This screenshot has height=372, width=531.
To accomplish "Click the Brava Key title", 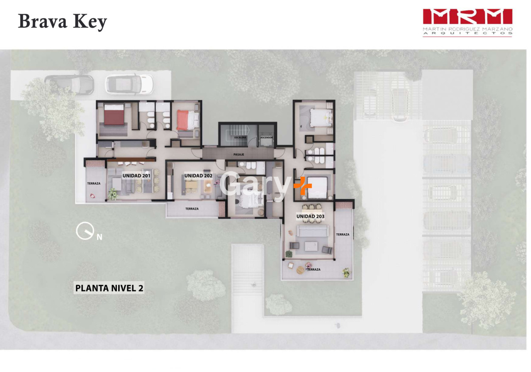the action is click(x=62, y=22).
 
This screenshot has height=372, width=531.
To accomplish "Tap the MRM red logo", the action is click(x=468, y=17).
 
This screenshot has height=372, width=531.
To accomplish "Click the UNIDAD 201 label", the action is click(x=136, y=176).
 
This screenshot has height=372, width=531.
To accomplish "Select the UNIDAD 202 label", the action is click(x=198, y=176).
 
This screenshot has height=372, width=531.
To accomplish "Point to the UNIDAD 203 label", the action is click(x=310, y=217).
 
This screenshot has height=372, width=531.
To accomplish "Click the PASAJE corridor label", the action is click(x=239, y=155).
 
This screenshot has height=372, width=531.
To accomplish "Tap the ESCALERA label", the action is click(x=240, y=138).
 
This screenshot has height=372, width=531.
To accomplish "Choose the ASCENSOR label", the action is click(x=266, y=138).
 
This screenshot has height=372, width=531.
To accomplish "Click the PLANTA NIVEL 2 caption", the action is click(x=109, y=288).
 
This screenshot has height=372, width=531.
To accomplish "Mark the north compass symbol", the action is click(x=85, y=231).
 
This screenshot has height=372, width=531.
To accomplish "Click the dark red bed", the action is click(x=114, y=114).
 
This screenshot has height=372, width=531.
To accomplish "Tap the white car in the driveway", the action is click(x=130, y=85).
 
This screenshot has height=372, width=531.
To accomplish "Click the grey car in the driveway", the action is click(x=69, y=85).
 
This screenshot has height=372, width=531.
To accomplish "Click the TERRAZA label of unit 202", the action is click(x=192, y=209).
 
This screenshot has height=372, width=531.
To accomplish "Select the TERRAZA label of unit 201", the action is click(x=94, y=183).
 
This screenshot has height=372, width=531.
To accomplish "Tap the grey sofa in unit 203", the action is click(x=313, y=231).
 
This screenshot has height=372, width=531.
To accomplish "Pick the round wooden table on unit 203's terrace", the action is click(x=300, y=270).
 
